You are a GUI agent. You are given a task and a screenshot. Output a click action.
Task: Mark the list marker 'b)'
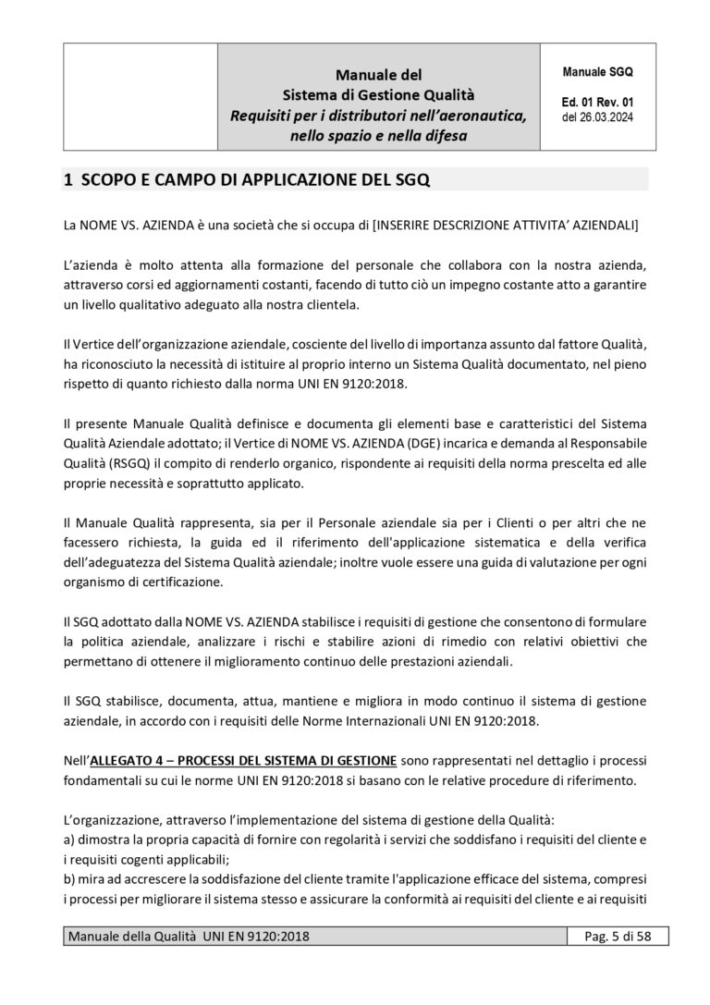click(x=69, y=876)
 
